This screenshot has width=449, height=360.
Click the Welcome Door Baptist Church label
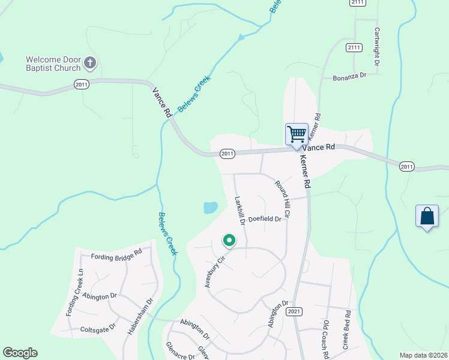pos(52,63)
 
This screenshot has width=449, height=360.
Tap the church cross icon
pos(90,62)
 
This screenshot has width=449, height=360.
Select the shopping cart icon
pos(297,134)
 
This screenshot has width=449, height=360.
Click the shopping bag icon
pos(427,217)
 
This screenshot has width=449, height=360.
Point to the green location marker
pos(229,241)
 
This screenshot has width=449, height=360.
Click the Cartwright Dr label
pos(378,47)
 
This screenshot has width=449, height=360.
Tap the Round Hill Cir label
pos(283,199)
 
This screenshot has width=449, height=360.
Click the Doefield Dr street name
pos(265,220)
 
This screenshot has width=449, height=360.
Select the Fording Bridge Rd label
pos(116,257)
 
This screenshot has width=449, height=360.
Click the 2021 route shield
pos(294,312)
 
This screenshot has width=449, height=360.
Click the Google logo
pos(20,353)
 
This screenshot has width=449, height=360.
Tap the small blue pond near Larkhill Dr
pos(210,208)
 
